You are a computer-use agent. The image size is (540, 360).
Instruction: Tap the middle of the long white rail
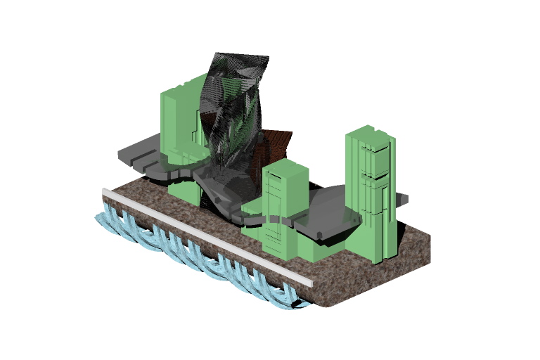[207, 237]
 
